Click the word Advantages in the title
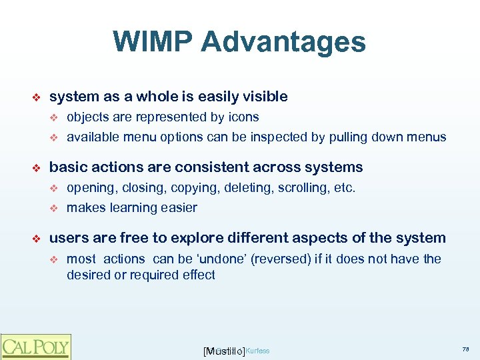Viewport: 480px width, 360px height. click(x=283, y=41)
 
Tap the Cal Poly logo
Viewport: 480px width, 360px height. click(x=35, y=346)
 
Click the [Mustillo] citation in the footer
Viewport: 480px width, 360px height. click(x=223, y=351)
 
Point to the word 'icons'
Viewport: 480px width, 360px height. click(x=243, y=117)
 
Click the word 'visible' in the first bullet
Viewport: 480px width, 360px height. click(x=264, y=97)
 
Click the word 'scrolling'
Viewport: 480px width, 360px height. click(x=301, y=188)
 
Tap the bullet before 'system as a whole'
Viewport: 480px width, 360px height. click(x=37, y=97)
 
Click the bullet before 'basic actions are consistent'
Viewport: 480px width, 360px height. click(x=37, y=168)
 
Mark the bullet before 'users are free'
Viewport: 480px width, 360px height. click(x=37, y=239)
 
